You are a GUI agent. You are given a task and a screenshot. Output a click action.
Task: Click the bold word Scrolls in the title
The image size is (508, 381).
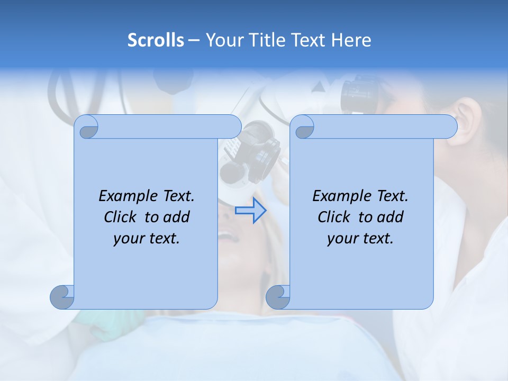[x=156, y=40]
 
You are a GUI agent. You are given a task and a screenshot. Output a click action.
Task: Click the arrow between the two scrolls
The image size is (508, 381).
[x=250, y=211]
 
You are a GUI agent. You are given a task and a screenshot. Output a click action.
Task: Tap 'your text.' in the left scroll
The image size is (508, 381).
[x=147, y=238]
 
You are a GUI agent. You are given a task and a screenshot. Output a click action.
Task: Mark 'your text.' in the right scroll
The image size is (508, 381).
[x=360, y=238]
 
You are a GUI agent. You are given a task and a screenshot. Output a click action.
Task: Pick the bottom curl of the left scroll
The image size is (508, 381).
[x=62, y=297]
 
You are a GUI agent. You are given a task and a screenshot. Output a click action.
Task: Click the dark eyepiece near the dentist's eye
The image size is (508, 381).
[x=360, y=95]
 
